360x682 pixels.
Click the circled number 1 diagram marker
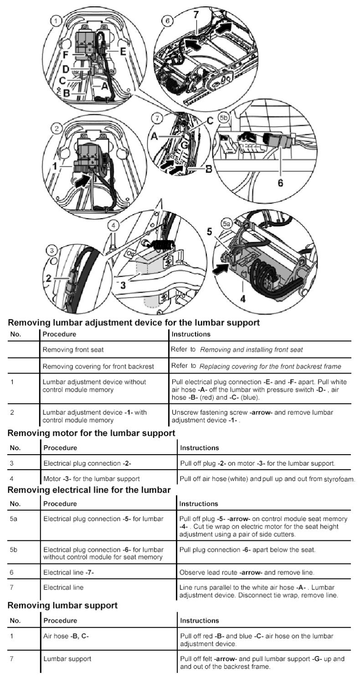point(55,21)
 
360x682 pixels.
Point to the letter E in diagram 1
point(123,51)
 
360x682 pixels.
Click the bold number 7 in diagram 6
point(196,15)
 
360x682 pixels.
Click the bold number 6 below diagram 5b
point(281,183)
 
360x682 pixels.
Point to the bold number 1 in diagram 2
point(55,166)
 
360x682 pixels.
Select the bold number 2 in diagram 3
point(49,279)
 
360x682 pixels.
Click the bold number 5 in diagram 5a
point(209,231)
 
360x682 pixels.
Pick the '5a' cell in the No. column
point(14,519)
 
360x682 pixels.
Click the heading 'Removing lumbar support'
point(63,605)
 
